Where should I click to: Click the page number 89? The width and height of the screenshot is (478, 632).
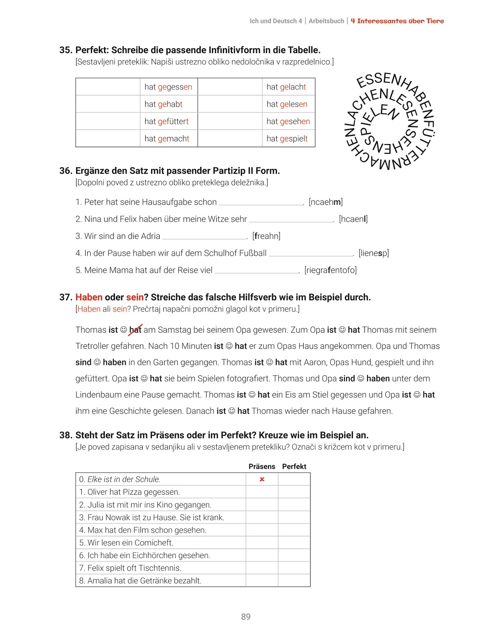[246, 616]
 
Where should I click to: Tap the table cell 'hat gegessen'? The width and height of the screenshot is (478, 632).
[168, 87]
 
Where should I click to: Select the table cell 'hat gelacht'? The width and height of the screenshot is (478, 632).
[287, 87]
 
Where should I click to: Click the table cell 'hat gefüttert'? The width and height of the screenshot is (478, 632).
[166, 122]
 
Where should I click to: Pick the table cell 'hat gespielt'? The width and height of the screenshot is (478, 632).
[287, 139]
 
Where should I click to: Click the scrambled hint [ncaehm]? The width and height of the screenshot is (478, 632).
[325, 202]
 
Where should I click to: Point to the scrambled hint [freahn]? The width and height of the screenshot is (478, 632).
[266, 236]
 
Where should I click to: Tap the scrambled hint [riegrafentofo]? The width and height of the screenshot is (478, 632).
[330, 270]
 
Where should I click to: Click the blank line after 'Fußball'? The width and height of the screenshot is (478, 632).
[311, 253]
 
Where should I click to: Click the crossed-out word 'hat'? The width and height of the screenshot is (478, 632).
[135, 330]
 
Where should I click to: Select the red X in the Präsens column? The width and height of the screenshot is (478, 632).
[262, 479]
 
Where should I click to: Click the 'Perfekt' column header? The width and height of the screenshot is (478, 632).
[294, 467]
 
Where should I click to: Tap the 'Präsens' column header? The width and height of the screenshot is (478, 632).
[262, 467]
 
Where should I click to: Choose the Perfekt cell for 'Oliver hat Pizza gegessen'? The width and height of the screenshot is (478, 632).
[294, 492]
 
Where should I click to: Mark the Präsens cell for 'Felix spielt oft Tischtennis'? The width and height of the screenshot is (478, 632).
[262, 568]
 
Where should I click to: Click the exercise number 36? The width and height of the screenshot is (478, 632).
[66, 171]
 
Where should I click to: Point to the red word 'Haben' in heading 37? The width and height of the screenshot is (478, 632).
[89, 297]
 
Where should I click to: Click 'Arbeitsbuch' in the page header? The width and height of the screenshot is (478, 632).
[326, 21]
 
